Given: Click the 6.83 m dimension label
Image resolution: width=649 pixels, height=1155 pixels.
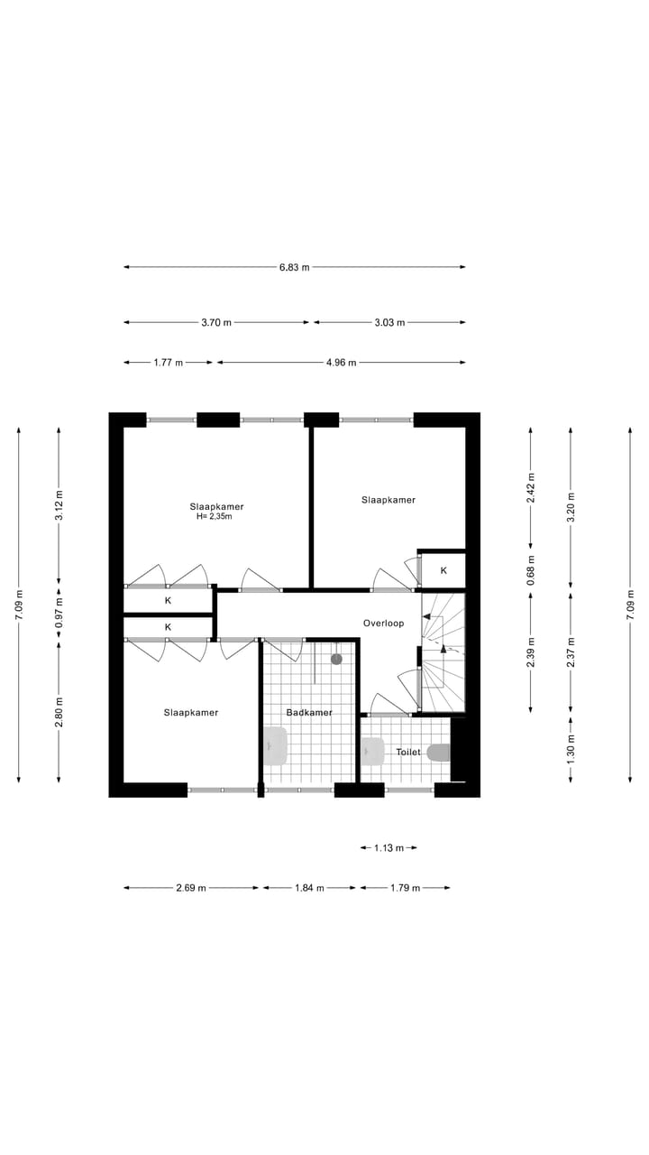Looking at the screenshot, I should tap(295, 267).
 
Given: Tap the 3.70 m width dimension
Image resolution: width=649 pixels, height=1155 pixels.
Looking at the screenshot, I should tap(216, 322).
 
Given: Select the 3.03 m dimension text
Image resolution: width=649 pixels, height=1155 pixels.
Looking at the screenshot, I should tap(389, 322).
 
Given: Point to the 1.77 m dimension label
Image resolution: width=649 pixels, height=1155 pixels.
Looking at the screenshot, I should tap(169, 363).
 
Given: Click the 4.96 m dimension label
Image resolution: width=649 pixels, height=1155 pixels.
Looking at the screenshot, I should tap(341, 363).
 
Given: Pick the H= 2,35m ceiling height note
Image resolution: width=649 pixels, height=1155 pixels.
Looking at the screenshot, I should tap(215, 517).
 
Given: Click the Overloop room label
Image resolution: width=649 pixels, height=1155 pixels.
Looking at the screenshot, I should tap(383, 624).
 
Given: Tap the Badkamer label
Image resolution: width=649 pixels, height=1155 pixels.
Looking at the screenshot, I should tap(309, 713).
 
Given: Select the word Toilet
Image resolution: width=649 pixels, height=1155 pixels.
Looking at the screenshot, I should tap(408, 752).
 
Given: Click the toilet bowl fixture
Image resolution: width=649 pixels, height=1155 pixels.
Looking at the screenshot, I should tap(438, 752).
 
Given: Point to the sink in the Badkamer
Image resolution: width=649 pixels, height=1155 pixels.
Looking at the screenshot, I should tap(275, 746).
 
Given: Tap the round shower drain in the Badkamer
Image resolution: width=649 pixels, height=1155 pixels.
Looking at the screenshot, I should tap(336, 659).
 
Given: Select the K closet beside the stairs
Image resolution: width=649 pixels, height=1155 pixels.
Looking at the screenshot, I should tap(443, 570).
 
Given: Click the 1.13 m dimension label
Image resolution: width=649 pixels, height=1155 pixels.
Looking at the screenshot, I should tap(388, 848).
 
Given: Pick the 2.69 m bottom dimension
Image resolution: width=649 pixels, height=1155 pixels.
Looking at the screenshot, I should tap(191, 888).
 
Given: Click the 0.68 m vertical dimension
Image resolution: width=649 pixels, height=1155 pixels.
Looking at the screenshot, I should tap(531, 570).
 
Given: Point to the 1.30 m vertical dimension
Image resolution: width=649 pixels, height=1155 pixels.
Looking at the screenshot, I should tap(570, 750).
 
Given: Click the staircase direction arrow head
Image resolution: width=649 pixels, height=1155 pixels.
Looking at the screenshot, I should tap(443, 648).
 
